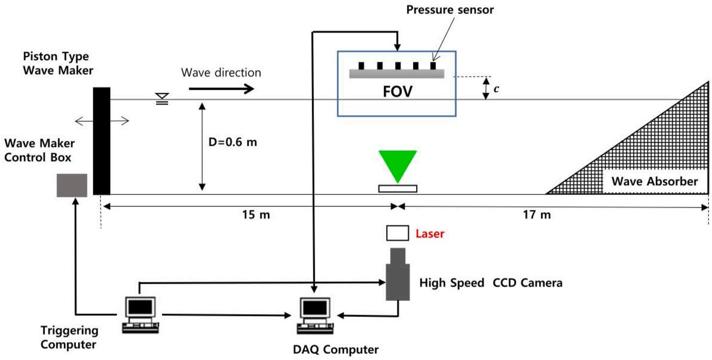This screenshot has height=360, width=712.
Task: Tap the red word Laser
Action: tap(430, 234)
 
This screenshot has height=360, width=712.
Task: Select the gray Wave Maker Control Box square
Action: tap(72, 185)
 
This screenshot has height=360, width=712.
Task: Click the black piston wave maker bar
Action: tap(101, 141)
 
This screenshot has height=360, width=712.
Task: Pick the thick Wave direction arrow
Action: tap(221, 89)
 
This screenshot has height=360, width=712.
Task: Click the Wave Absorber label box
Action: tap(654, 181)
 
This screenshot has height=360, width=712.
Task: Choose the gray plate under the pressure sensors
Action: tap(397, 73)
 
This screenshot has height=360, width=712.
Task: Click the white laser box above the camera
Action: tap(397, 233)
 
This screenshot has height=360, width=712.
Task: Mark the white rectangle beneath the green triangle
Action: tap(397, 188)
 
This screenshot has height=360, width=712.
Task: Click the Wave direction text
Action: tap(221, 73)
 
